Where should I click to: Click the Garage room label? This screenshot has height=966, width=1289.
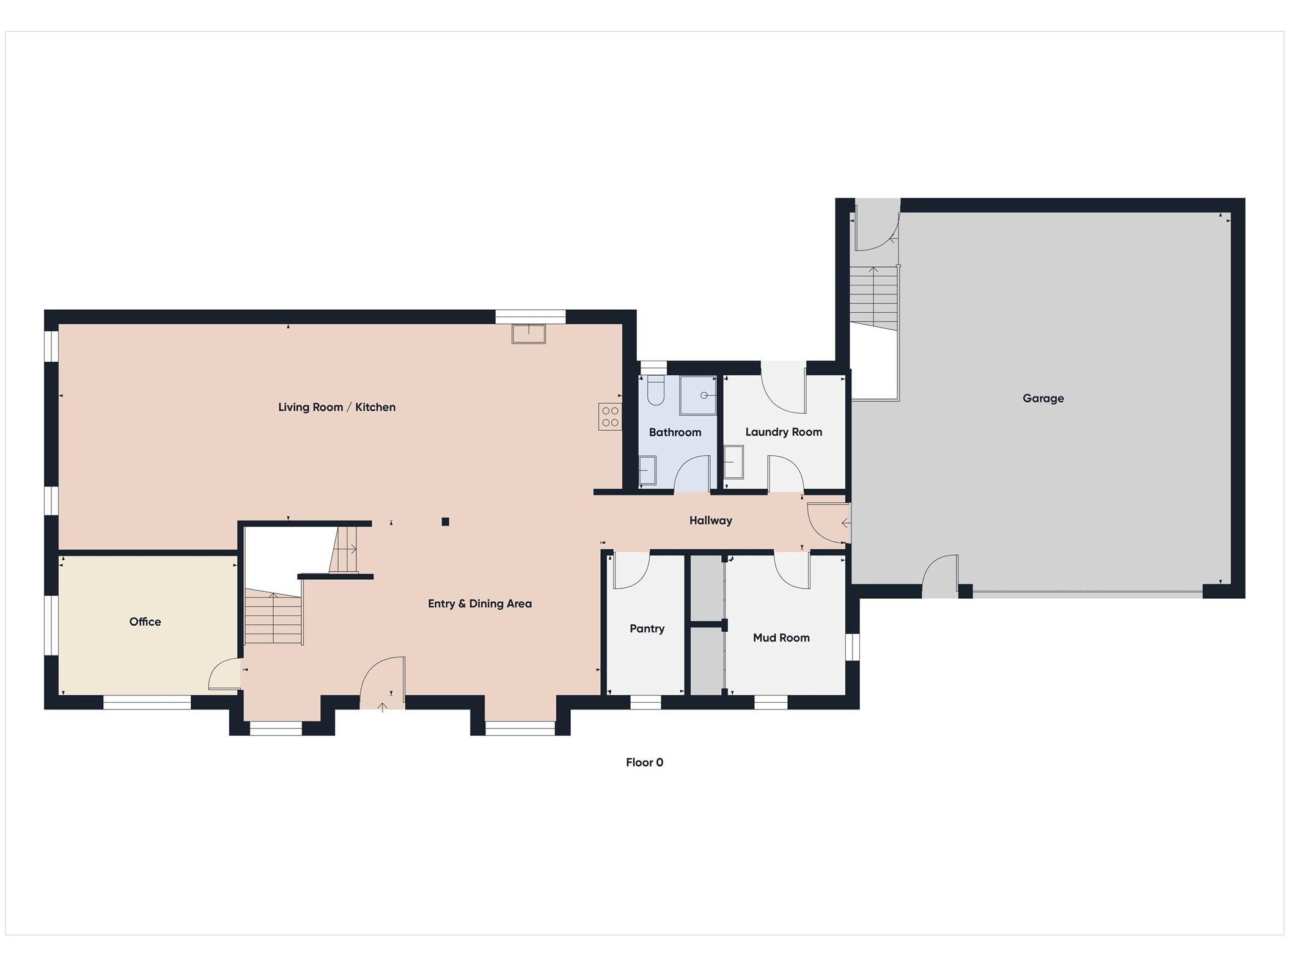point(1043,398)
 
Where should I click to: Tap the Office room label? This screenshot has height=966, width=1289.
point(145,621)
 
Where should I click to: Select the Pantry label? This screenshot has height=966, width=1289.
point(647,628)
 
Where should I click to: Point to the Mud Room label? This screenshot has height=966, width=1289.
point(780,637)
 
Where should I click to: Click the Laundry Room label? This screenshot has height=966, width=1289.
point(783,432)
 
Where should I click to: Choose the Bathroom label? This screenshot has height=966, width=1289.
point(675,432)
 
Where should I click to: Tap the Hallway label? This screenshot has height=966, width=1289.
point(710,521)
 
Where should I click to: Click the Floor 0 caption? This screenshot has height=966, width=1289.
point(644,762)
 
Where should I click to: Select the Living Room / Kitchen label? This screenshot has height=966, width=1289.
point(337,407)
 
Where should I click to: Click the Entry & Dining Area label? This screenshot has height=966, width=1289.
point(479,604)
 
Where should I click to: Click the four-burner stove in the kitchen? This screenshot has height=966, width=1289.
point(610,417)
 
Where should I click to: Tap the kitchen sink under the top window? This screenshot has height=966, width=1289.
point(529,334)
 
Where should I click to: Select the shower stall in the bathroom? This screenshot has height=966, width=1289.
point(698,395)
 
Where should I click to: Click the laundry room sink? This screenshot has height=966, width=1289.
point(733,462)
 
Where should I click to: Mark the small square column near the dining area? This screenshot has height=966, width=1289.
point(446,522)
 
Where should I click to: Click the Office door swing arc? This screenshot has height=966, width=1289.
point(223,675)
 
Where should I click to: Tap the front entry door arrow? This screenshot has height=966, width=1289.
point(383,708)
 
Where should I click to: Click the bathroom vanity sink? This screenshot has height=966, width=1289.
point(647,470)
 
